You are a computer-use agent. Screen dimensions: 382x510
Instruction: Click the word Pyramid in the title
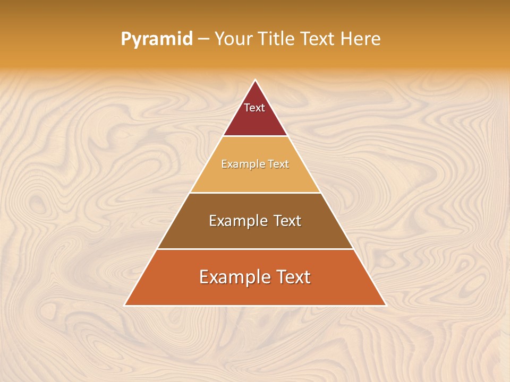[x=157, y=39]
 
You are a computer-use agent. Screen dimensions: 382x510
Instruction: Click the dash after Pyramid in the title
[x=203, y=39]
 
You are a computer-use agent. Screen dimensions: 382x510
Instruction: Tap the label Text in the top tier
[x=254, y=108]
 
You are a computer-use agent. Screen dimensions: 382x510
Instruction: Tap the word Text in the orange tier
[x=292, y=277]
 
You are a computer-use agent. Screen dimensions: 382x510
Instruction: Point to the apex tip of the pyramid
[x=256, y=81]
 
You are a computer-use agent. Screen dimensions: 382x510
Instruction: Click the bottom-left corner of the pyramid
[x=125, y=305]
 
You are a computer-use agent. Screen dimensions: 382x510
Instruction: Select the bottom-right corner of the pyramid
[x=385, y=305]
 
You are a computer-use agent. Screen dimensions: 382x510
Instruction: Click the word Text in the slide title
[x=317, y=39]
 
